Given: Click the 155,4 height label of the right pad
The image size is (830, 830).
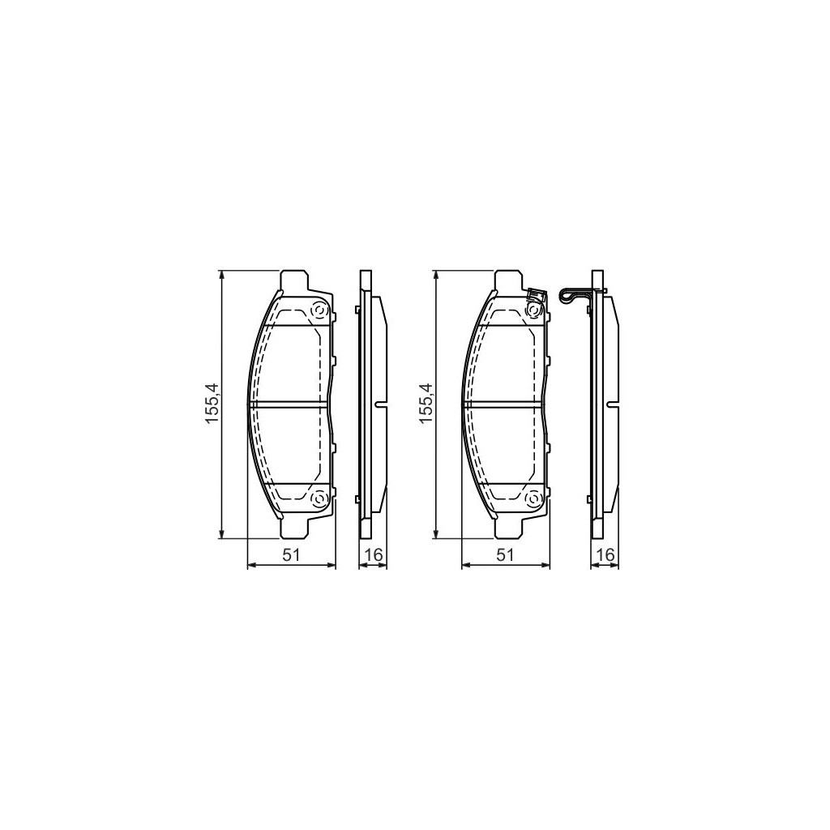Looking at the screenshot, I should (x=427, y=403).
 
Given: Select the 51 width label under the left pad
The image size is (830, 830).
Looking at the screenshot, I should (x=291, y=554).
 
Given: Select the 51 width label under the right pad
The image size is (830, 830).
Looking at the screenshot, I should (x=505, y=554).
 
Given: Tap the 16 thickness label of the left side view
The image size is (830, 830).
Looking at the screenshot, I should (x=374, y=554).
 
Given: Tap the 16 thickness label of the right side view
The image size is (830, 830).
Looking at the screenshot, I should (x=604, y=554).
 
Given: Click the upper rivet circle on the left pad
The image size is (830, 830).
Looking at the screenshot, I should (x=319, y=310).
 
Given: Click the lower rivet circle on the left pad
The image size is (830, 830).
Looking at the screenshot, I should (x=319, y=498).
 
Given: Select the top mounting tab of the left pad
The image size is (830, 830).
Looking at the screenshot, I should (x=293, y=279).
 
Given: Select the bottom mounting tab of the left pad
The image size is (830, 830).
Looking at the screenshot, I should (x=293, y=528).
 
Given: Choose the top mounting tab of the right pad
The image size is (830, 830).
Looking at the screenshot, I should (x=508, y=279).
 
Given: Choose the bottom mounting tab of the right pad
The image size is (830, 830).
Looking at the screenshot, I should (x=508, y=528).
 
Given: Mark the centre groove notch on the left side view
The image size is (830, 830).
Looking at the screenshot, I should (x=380, y=403).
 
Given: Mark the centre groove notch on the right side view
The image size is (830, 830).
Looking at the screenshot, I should (x=611, y=403).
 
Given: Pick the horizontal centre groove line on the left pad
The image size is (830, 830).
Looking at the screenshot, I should (x=289, y=403).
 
